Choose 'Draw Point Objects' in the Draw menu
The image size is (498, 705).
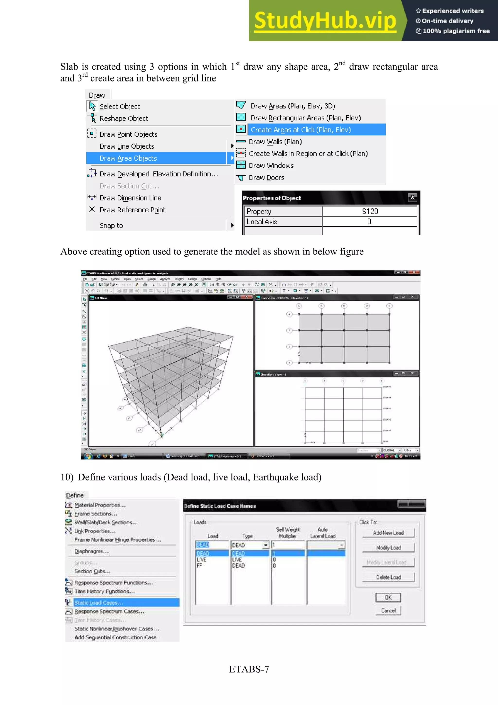click(x=128, y=134)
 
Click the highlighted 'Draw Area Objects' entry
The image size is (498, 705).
click(x=128, y=158)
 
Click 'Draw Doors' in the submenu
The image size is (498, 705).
click(x=266, y=178)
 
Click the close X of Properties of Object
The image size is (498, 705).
click(x=412, y=198)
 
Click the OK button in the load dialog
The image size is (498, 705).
click(x=388, y=597)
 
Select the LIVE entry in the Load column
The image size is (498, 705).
click(x=202, y=560)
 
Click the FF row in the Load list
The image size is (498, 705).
click(x=199, y=566)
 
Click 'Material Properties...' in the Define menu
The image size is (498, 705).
click(x=100, y=505)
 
